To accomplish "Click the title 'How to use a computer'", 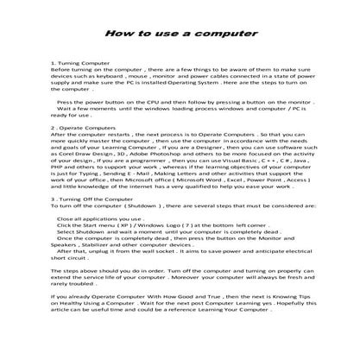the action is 180,34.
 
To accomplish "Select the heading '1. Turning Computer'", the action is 80,64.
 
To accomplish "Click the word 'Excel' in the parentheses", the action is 231,179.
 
